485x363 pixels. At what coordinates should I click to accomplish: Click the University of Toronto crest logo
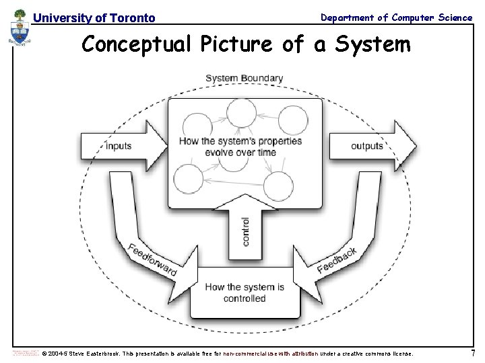(x=20, y=30)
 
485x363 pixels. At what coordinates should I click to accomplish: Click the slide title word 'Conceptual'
(x=137, y=44)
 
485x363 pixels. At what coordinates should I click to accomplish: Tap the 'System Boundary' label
(x=244, y=79)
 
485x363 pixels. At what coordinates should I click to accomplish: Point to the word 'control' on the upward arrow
(x=245, y=231)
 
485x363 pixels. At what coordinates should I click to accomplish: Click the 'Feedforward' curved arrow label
(x=153, y=258)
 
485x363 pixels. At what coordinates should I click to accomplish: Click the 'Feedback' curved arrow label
(x=337, y=260)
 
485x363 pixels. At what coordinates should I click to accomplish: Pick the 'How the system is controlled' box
(x=245, y=292)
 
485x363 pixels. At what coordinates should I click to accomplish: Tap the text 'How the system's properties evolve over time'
(x=240, y=147)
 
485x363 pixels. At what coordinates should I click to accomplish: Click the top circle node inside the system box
(x=241, y=113)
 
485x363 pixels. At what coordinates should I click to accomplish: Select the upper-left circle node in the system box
(x=197, y=127)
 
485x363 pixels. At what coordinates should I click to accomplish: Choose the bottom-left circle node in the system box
(x=188, y=179)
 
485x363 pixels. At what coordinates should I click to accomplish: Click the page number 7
(x=473, y=353)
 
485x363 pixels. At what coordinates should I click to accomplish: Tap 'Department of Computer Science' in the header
(x=396, y=17)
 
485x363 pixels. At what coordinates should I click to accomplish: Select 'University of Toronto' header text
(x=94, y=18)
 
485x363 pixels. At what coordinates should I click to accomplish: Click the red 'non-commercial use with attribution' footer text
(x=270, y=354)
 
